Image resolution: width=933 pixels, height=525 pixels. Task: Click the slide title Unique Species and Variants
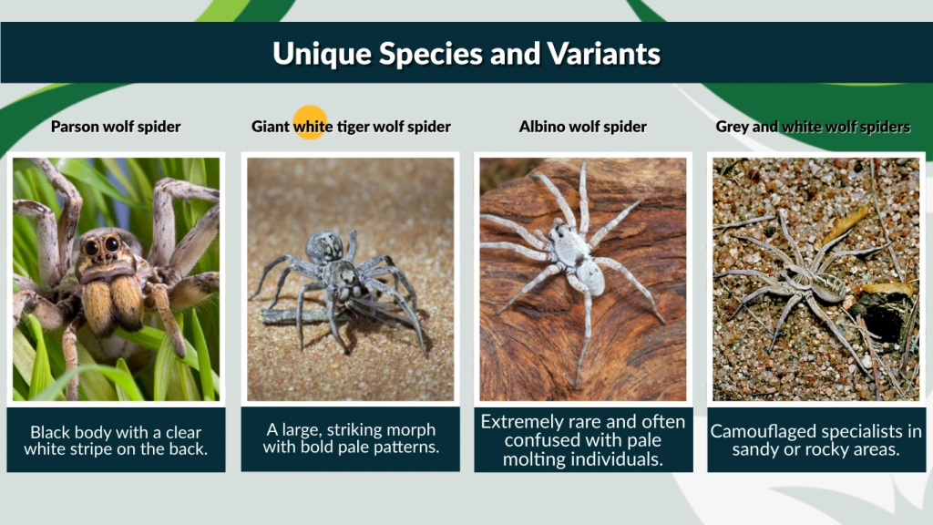click(x=466, y=54)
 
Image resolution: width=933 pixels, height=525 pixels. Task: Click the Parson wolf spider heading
click(x=116, y=127)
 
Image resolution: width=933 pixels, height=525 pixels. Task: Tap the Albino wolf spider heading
click(x=583, y=127)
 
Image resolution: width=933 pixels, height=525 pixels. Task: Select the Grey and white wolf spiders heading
click(x=813, y=127)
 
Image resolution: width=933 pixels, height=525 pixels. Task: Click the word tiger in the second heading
click(x=354, y=127)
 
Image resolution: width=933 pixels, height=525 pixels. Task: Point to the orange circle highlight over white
click(x=311, y=122)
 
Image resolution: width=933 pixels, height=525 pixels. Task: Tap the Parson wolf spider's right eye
click(x=111, y=244)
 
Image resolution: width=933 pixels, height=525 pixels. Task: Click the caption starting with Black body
click(x=116, y=440)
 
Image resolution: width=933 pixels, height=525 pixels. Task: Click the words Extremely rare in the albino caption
click(x=538, y=422)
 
